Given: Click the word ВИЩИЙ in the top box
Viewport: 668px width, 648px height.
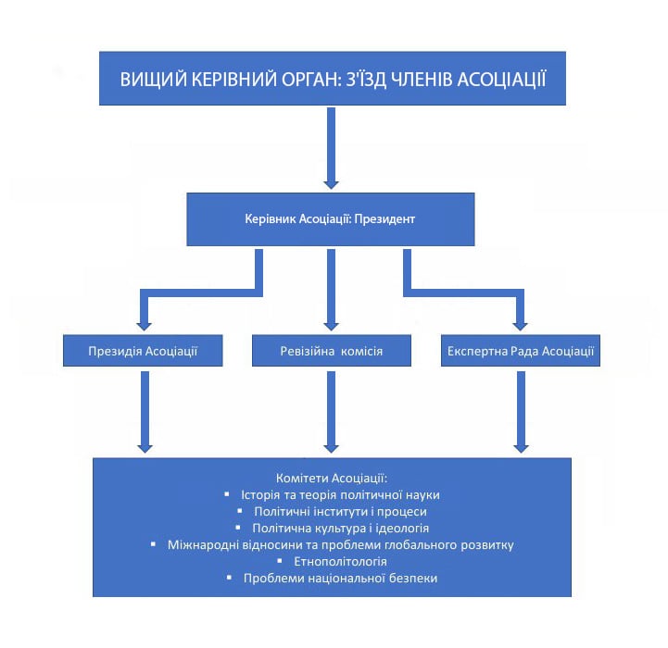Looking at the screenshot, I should pyautogui.click(x=148, y=79).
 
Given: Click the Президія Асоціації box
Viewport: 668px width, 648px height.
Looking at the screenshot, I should pyautogui.click(x=143, y=352).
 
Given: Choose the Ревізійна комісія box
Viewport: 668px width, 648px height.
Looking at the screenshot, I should pyautogui.click(x=332, y=352).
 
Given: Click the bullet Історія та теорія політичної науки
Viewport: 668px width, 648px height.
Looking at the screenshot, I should pyautogui.click(x=339, y=494).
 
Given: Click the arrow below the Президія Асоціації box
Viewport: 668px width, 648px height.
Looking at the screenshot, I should pyautogui.click(x=144, y=412).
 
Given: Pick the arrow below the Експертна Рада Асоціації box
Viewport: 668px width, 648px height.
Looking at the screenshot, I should pyautogui.click(x=521, y=412).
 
